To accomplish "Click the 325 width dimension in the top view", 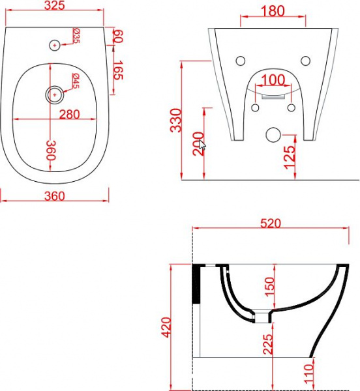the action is (55, 5).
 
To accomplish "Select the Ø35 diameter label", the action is (76, 36).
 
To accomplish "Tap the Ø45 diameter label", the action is (76, 81).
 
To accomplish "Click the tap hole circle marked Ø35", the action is (55, 45).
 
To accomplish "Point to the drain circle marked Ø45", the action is (55, 94).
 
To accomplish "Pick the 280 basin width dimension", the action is (69, 115).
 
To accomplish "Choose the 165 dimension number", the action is (118, 70).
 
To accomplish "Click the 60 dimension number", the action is (118, 36).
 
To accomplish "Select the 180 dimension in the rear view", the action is (273, 11).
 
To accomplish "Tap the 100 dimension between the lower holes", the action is (273, 80).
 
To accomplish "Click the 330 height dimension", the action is (175, 120).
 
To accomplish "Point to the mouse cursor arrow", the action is (202, 145).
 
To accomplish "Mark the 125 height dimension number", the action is (289, 157).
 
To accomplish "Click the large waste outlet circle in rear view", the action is (273, 135).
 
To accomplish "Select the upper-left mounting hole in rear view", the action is (241, 61).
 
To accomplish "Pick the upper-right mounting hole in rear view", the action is (306, 61).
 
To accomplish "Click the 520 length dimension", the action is (271, 223).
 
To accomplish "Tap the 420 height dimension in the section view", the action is (166, 327).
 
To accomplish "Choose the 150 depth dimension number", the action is (269, 287).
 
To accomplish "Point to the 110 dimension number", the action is (308, 374).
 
